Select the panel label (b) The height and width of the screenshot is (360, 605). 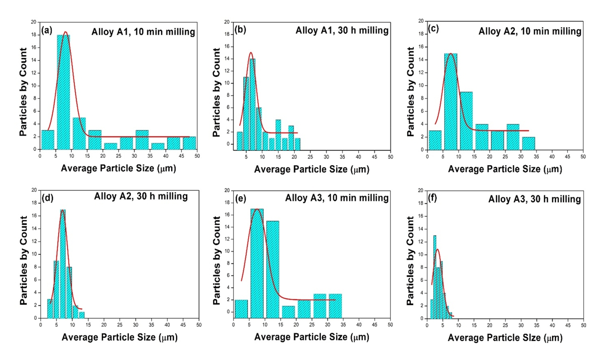tap(240, 31)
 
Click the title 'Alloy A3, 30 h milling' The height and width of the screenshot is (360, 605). tap(534, 198)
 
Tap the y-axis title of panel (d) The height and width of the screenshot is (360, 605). tap(23, 254)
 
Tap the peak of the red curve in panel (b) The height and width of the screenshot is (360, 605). tap(251, 52)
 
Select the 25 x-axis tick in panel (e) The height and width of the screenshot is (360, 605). tap(312, 324)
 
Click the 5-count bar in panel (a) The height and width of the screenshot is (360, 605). tap(79, 133)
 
